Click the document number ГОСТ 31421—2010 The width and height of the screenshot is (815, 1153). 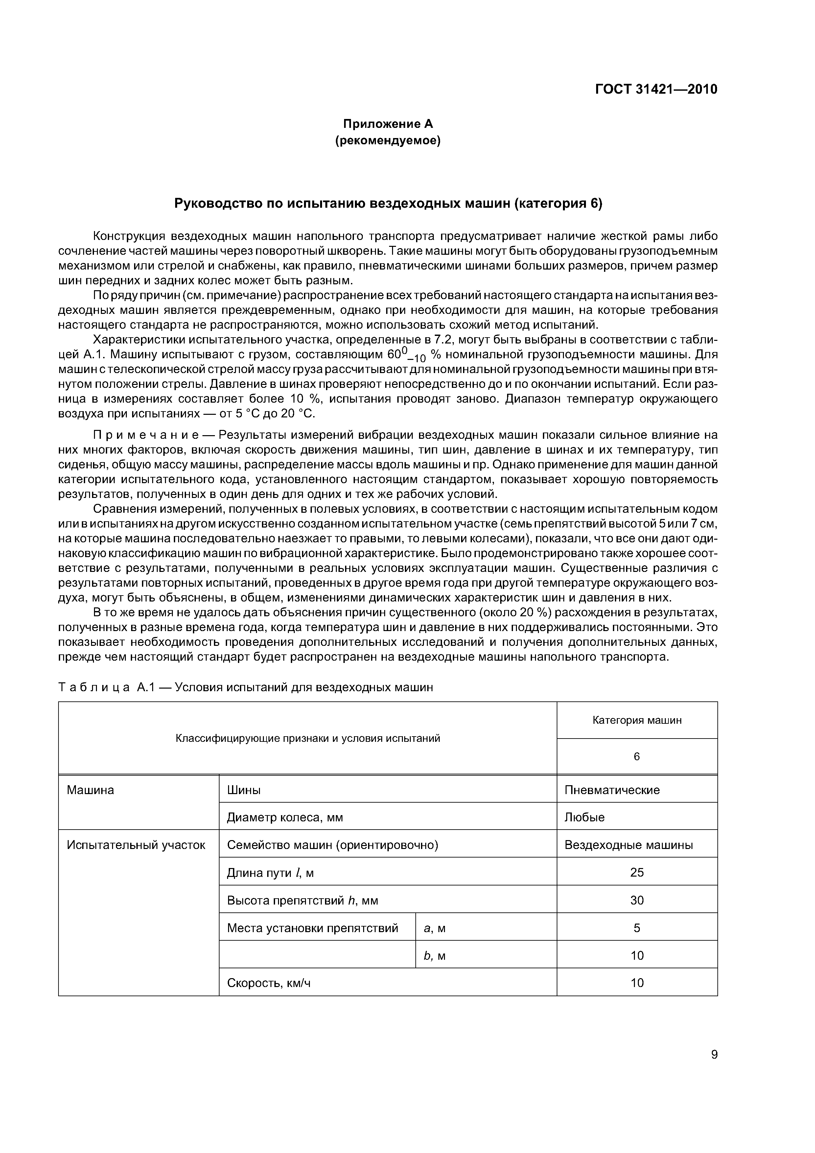coord(656,89)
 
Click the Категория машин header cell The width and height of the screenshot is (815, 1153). coord(637,720)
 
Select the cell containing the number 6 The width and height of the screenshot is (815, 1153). coord(637,756)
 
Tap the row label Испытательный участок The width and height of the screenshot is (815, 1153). coord(136,845)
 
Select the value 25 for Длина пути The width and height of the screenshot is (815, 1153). coord(637,872)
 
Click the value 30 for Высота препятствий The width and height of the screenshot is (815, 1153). coord(637,900)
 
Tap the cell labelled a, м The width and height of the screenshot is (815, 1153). coord(435,928)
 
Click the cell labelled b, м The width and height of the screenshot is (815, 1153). coord(435,956)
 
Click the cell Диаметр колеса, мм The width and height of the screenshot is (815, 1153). coord(285,817)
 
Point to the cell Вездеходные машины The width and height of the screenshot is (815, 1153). coord(628,845)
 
